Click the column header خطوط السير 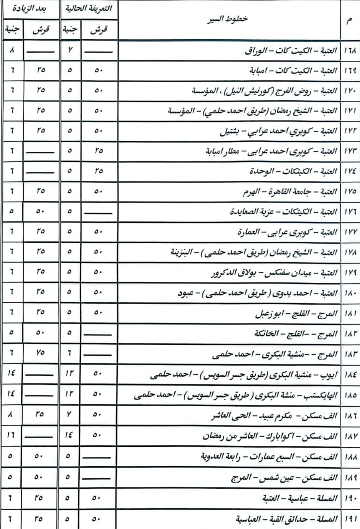pos(230,20)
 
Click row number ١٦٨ pos(350,50)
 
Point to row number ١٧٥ pos(350,192)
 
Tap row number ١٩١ pos(350,519)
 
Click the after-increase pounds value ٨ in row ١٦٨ pos(11,50)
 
